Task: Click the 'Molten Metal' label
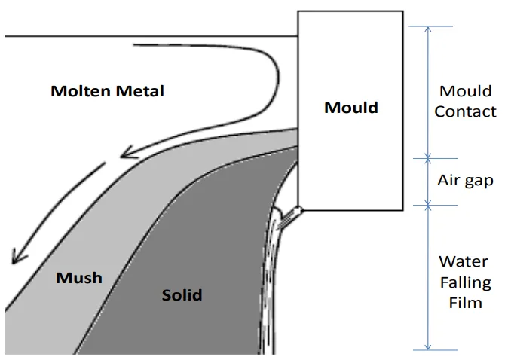click(107, 92)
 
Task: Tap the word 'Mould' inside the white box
click(350, 108)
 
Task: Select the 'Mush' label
click(79, 278)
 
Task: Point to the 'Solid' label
click(182, 294)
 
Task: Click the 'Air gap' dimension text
click(466, 181)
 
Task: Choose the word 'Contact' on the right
click(466, 112)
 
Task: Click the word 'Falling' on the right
click(466, 283)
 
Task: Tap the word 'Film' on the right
click(466, 304)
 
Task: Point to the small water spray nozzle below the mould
click(298, 212)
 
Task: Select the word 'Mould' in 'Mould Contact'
click(466, 91)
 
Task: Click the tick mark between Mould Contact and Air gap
click(428, 158)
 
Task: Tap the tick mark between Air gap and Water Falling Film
click(428, 203)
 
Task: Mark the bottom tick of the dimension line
click(428, 349)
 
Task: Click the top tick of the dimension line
click(428, 26)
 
